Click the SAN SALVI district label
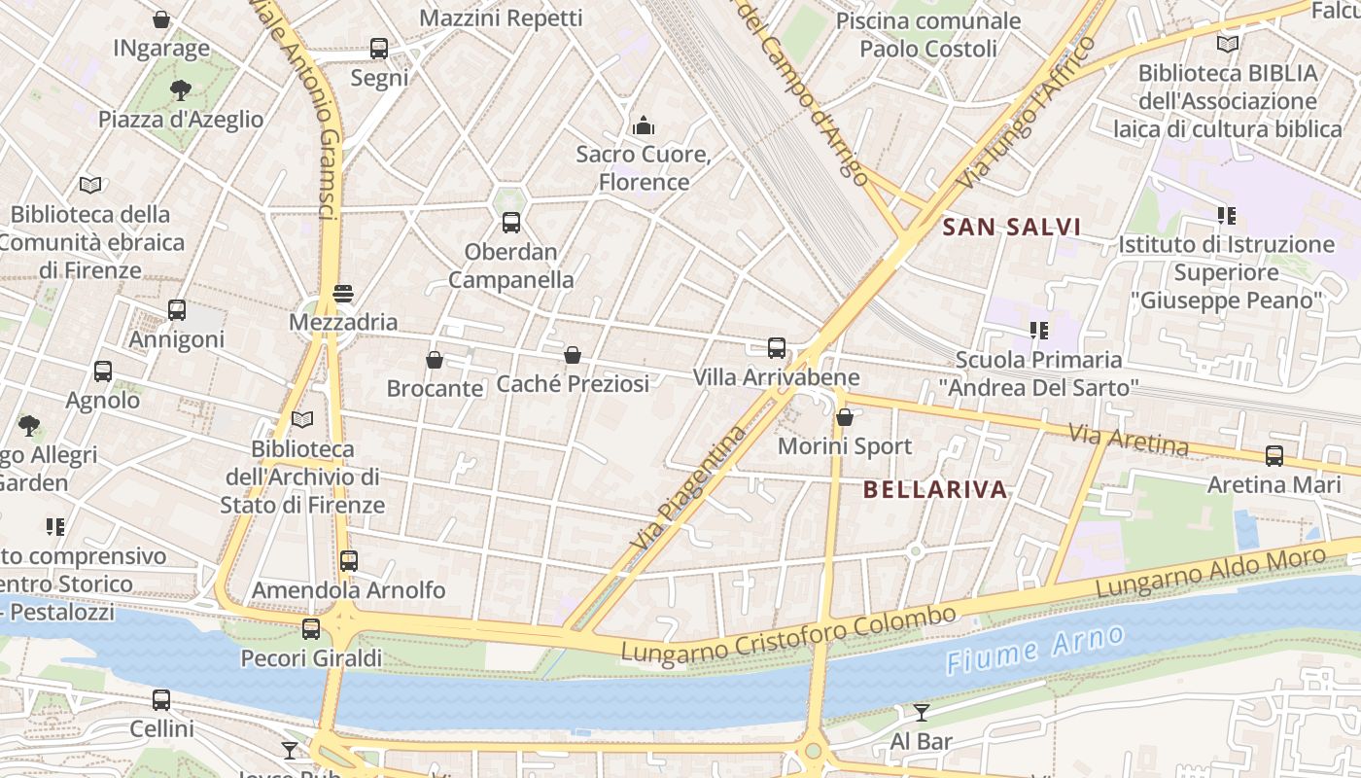tap(1012, 228)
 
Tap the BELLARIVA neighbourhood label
tap(935, 490)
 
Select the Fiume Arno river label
tap(1035, 651)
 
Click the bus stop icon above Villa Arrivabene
tap(777, 348)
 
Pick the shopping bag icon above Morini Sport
tap(845, 417)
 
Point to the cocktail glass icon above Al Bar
tap(922, 712)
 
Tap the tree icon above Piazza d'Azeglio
tap(180, 90)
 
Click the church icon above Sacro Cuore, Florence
tap(644, 125)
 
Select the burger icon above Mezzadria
tap(342, 293)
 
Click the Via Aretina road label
tap(1128, 439)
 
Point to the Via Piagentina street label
tap(687, 488)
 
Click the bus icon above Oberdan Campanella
tap(511, 223)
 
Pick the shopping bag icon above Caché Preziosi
tap(573, 355)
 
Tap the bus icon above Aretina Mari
tap(1274, 455)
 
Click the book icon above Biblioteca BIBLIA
tap(1228, 44)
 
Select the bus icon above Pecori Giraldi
tap(311, 629)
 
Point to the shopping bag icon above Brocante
tap(435, 360)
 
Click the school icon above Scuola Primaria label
tap(1038, 331)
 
